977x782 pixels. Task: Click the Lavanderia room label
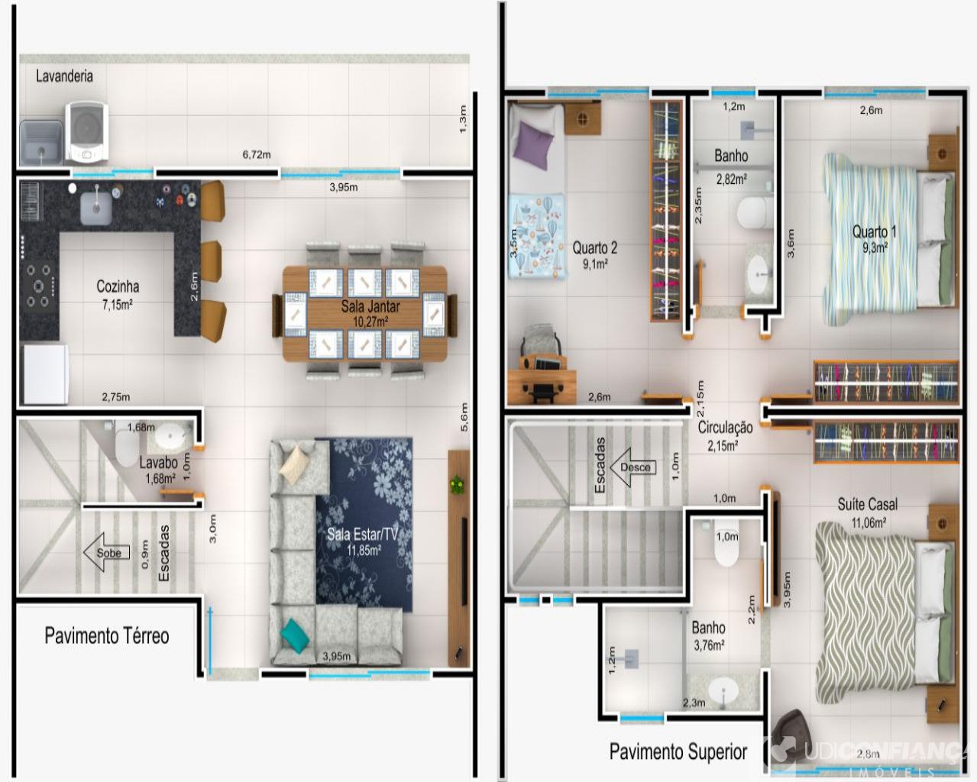point(64,76)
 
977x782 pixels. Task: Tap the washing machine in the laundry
point(86,132)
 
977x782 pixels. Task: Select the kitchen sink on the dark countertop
point(96,207)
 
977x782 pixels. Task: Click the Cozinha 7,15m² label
point(118,294)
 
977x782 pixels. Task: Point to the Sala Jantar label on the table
point(370,306)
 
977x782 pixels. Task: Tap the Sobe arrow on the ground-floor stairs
point(106,553)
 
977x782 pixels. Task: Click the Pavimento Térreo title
point(107,635)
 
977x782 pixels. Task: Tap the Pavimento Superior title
point(678,751)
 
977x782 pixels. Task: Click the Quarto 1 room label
point(874,231)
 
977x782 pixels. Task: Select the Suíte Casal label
point(867,504)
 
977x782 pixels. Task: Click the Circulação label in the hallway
point(725,428)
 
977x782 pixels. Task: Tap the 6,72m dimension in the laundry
point(257,154)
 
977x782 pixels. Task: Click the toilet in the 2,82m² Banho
point(755,212)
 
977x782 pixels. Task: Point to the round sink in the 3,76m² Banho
point(723,692)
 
